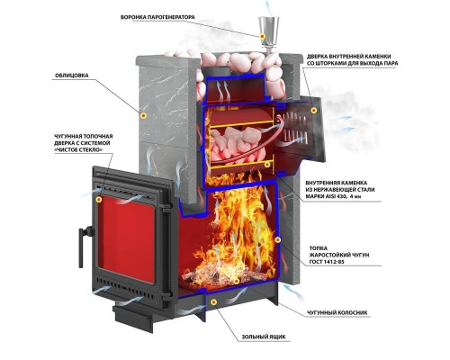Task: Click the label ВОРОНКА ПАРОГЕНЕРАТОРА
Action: tap(157, 17)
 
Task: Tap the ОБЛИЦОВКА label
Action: tap(72, 76)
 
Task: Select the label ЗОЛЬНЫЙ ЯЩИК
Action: tap(264, 337)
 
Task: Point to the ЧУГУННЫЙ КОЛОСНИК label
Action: tap(337, 312)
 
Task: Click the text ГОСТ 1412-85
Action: tap(327, 262)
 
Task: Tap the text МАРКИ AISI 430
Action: tap(326, 196)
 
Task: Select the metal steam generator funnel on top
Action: tap(268, 33)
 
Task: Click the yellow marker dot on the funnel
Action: tap(262, 36)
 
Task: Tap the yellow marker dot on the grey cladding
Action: tap(144, 115)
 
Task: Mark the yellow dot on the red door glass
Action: tap(99, 199)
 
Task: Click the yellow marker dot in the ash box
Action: tap(213, 301)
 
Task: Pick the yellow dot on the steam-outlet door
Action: tap(314, 111)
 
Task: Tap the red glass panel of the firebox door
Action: tap(127, 240)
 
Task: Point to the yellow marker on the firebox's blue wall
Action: tap(278, 239)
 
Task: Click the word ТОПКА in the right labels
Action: tap(319, 248)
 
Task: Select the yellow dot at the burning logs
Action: tap(237, 281)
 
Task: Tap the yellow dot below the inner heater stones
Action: tap(267, 164)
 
